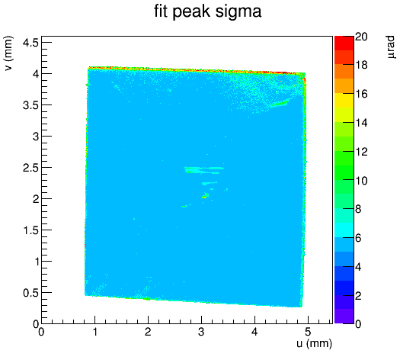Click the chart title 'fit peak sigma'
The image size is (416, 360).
pos(208,11)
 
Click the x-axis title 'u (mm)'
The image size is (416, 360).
pos(314,343)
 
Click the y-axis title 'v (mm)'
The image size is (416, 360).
pos(9,53)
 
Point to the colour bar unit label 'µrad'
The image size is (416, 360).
pos(391,47)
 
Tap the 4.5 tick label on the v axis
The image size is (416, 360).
pos(30,43)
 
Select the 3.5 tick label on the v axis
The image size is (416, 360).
pos(30,105)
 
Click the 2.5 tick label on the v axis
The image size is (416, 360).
pos(30,168)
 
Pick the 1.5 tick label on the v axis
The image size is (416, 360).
pos(30,230)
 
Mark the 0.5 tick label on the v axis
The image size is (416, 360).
pos(30,293)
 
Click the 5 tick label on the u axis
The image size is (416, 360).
pos(308,332)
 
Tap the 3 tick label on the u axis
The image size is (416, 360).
pos(201,332)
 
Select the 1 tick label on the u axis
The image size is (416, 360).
pos(94,332)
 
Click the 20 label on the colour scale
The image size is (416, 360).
pos(361,37)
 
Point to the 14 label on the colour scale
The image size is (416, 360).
pos(361,123)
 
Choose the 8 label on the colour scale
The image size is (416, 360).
pos(358,209)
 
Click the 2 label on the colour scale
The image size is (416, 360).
pos(358,295)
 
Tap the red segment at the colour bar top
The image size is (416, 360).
pos(344,43)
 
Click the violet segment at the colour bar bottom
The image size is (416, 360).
pos(344,317)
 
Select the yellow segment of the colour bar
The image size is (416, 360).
pos(344,100)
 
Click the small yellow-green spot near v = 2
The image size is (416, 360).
pos(204,196)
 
